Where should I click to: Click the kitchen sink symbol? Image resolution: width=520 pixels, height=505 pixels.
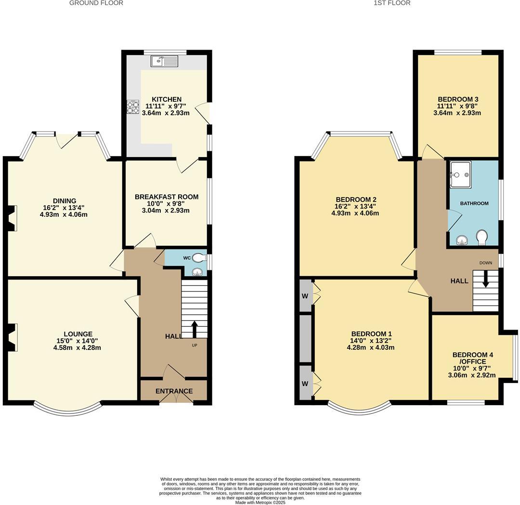point(164,61)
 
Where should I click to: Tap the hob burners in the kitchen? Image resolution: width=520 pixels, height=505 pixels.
point(132,106)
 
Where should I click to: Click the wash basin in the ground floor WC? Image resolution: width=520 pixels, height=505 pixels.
point(197,272)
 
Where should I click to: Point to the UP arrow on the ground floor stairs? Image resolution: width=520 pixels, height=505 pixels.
point(195,330)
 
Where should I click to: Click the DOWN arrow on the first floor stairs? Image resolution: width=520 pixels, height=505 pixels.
point(485,279)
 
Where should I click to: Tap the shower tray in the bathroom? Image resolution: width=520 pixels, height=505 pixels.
point(460,174)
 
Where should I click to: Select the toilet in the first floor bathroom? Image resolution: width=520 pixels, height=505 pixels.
point(481,237)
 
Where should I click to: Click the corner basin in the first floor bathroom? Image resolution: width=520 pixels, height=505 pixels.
point(461,239)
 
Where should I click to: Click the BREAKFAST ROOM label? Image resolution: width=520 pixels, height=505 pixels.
point(167,197)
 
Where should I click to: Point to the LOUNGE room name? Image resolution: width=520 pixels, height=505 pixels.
point(78,334)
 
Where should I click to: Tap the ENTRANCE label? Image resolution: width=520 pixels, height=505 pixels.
point(174,391)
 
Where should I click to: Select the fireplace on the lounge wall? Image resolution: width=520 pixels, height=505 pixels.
point(13,337)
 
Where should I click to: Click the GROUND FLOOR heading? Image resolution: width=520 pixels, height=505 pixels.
point(96,3)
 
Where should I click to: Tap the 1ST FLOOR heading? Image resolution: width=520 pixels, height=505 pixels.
point(392,3)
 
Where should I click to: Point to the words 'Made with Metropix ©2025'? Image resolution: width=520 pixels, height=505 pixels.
point(260,502)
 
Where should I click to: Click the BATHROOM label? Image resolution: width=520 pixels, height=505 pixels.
point(474,203)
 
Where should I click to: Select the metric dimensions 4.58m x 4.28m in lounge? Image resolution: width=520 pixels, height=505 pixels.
point(78,347)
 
